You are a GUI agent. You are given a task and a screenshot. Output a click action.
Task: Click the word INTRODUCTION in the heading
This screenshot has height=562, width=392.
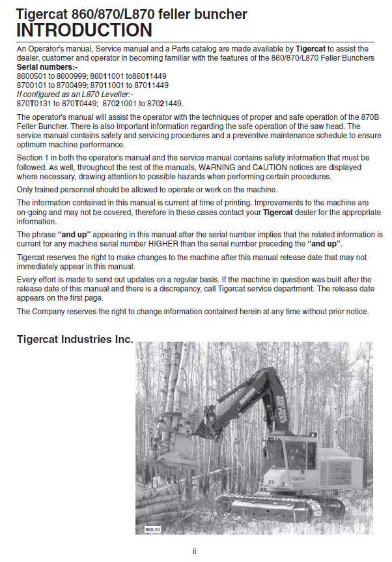tap(84, 30)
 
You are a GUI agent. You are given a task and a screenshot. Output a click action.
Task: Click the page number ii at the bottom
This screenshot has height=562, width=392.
tap(195, 552)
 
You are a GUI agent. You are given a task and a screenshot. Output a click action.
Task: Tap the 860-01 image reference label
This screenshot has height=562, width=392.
tap(153, 530)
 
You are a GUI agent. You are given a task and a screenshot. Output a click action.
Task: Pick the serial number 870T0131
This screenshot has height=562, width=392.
tap(33, 103)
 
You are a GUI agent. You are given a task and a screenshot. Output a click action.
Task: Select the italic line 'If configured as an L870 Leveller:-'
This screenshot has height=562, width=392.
tap(74, 95)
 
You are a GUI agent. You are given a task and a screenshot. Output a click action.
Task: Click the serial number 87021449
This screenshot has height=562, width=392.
tap(163, 103)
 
